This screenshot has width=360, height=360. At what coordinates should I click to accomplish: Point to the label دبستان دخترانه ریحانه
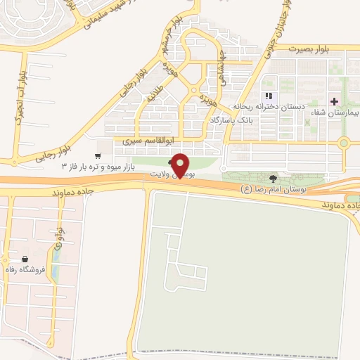[x=271, y=106]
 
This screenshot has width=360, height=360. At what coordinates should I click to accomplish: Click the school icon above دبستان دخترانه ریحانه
[x=267, y=96]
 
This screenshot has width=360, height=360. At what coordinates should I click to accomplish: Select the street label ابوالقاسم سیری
[x=150, y=141]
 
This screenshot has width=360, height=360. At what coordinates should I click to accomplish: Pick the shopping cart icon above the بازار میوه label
[x=98, y=155]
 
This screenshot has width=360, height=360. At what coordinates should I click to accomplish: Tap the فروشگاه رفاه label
[x=25, y=269]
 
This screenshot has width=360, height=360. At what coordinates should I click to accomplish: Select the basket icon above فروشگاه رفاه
[x=25, y=258]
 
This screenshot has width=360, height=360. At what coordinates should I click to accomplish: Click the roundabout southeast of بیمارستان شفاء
[x=343, y=143]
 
